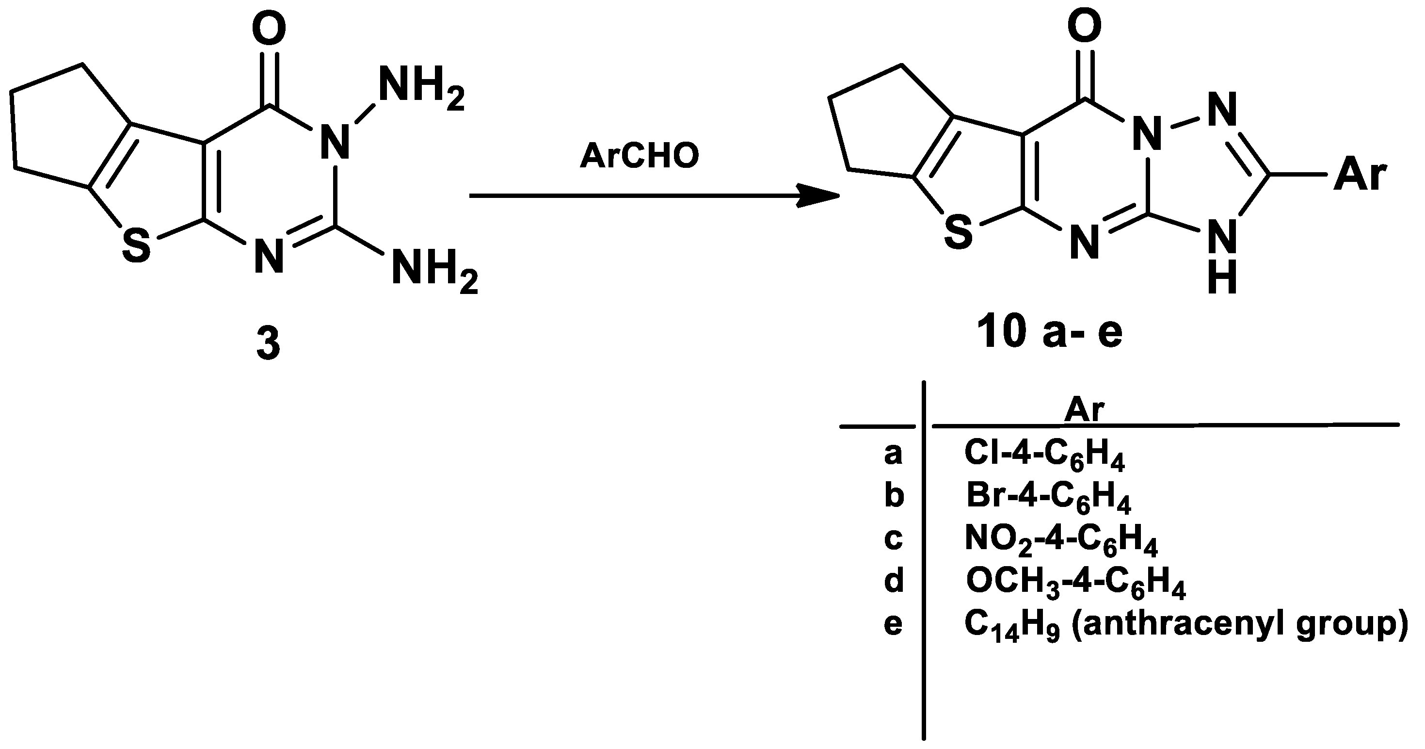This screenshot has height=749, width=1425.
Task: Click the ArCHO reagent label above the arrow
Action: (640, 157)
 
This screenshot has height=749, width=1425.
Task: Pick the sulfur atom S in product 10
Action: (958, 232)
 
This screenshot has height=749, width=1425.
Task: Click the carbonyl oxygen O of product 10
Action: (1085, 26)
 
